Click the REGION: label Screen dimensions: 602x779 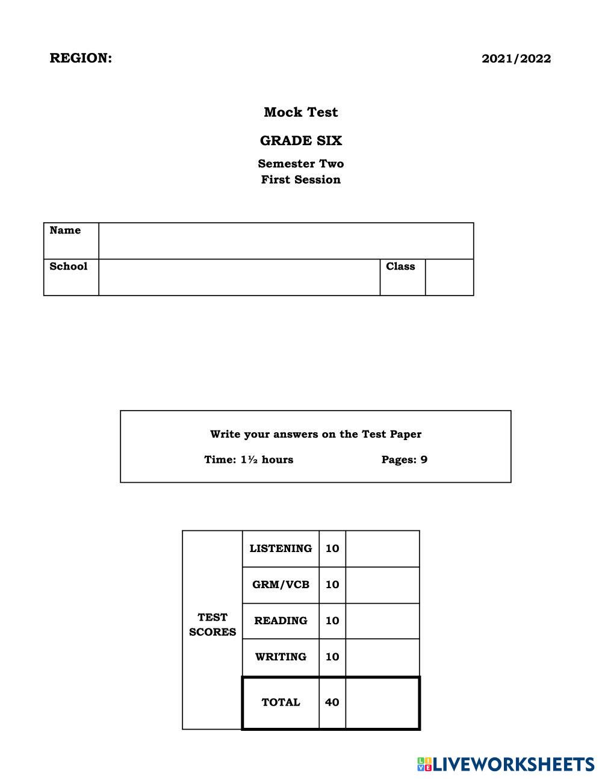pos(81,58)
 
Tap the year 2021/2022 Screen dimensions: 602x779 pos(516,59)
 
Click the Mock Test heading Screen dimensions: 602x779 pos(300,113)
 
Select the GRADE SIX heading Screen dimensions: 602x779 pos(300,141)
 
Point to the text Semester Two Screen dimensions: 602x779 pos(300,164)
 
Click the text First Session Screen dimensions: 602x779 pos(300,179)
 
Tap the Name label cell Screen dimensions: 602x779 pos(71,241)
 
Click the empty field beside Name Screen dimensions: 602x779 pos(286,241)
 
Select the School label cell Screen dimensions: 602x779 pos(71,277)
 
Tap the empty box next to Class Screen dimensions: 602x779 pos(449,278)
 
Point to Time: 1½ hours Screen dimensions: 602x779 pos(249,460)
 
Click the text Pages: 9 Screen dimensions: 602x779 pos(404,460)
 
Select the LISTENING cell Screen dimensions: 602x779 pos(281,548)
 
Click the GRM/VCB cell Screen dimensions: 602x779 pos(281,585)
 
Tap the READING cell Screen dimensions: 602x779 pos(281,621)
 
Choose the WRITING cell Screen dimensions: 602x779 pos(281,657)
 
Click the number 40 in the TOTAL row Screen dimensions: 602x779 pos(332,702)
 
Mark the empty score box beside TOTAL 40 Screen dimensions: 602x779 pos(382,703)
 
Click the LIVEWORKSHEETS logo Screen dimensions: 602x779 pos(505,765)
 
